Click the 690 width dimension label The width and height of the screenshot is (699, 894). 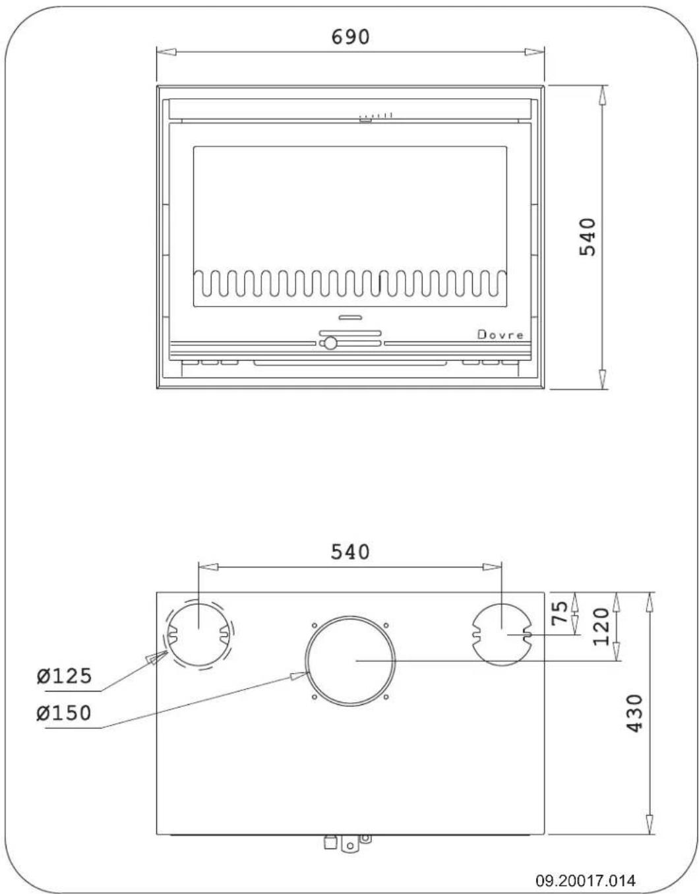point(350,37)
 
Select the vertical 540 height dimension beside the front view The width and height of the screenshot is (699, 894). point(587,237)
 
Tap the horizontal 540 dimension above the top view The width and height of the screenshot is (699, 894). point(350,551)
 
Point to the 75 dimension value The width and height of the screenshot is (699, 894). point(559,614)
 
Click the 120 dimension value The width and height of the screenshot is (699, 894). point(601,627)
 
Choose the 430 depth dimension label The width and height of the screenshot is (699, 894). point(634,713)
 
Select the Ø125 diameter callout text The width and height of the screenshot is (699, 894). point(64,676)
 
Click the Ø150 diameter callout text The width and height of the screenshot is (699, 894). point(64,713)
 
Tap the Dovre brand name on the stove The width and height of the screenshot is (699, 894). point(501,335)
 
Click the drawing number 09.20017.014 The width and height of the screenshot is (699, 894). point(586,880)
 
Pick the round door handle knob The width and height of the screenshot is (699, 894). point(330,343)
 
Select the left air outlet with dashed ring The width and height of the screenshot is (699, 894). point(198,635)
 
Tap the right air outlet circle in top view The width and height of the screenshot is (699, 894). point(502,634)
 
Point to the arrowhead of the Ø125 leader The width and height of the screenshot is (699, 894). point(158,657)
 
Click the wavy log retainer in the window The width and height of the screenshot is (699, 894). point(350,283)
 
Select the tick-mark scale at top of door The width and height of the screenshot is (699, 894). point(377,116)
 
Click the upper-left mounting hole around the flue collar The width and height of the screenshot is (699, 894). point(315,626)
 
